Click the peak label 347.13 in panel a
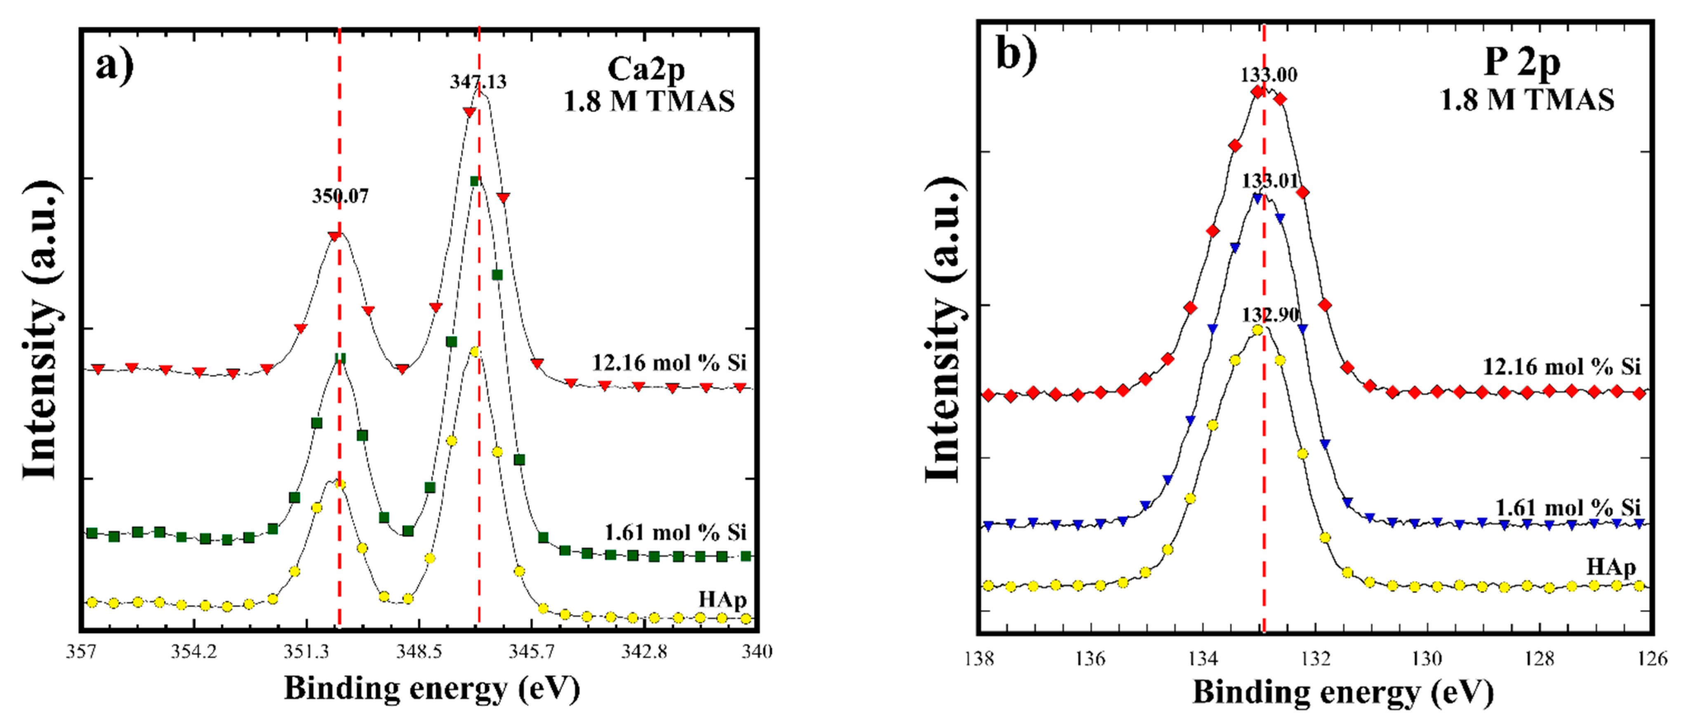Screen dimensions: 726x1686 click(478, 82)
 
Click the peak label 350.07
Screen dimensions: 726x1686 click(340, 196)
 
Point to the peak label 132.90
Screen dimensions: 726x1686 click(1270, 315)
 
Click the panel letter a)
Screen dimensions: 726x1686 click(115, 66)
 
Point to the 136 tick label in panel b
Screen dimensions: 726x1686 click(1090, 657)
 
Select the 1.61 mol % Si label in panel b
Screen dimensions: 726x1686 click(1568, 507)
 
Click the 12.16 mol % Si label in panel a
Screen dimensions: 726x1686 click(669, 363)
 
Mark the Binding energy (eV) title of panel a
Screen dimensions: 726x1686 click(431, 689)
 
